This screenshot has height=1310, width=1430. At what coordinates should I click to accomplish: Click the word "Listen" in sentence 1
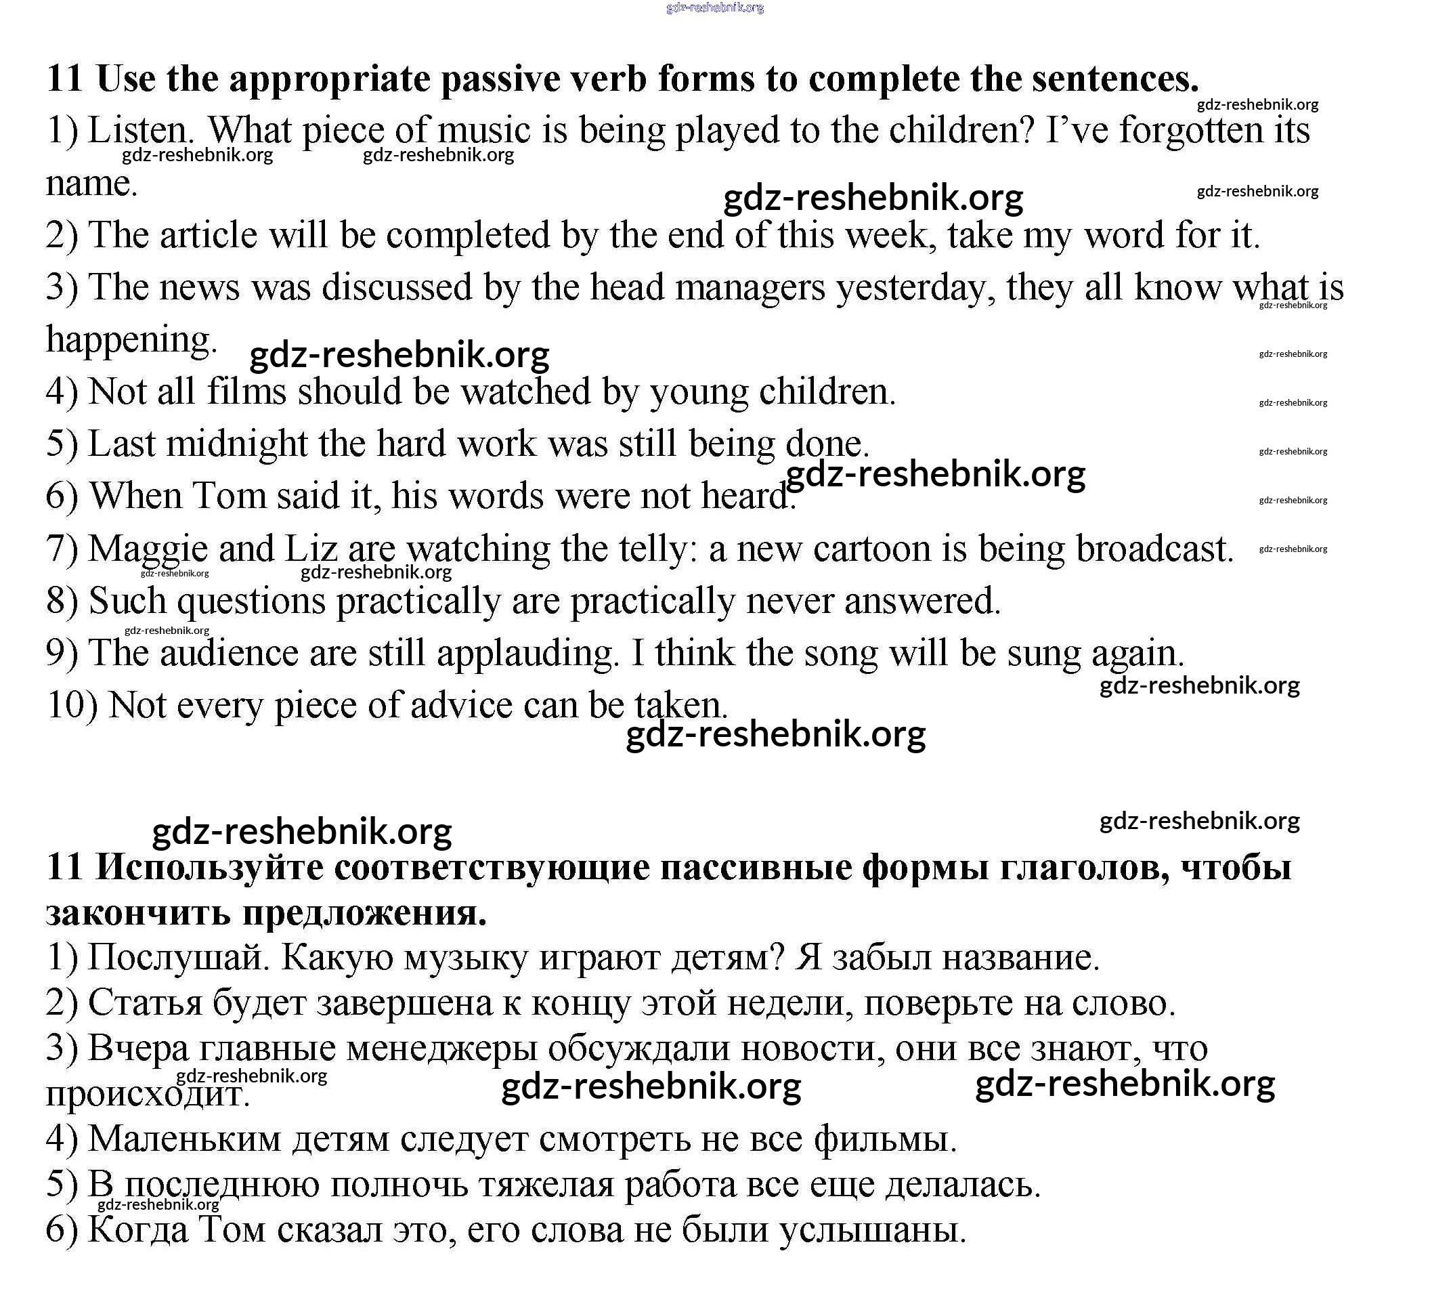tap(139, 131)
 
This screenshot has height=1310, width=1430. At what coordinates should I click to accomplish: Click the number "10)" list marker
tap(72, 705)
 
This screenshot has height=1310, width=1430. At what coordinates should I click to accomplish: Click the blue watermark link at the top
tap(715, 8)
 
